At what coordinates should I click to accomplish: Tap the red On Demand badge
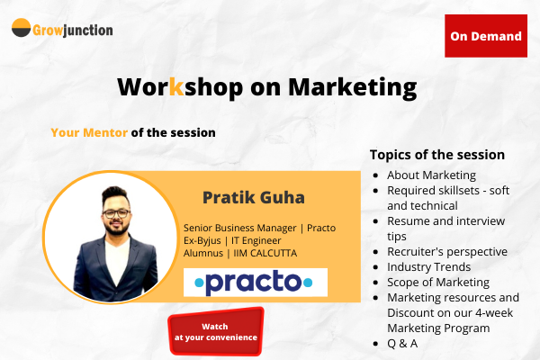point(486,36)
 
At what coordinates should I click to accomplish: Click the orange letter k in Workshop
point(176,87)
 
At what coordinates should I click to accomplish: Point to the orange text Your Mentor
point(89,132)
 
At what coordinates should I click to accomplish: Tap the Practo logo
point(256,282)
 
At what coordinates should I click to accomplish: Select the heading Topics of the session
point(437,154)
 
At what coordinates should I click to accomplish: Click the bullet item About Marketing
point(431,175)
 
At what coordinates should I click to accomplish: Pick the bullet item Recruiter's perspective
point(447,251)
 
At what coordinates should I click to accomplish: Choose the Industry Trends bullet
point(428,266)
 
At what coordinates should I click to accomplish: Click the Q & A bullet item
point(402,343)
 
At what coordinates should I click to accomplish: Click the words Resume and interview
point(445,220)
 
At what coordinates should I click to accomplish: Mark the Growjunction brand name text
point(74,30)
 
